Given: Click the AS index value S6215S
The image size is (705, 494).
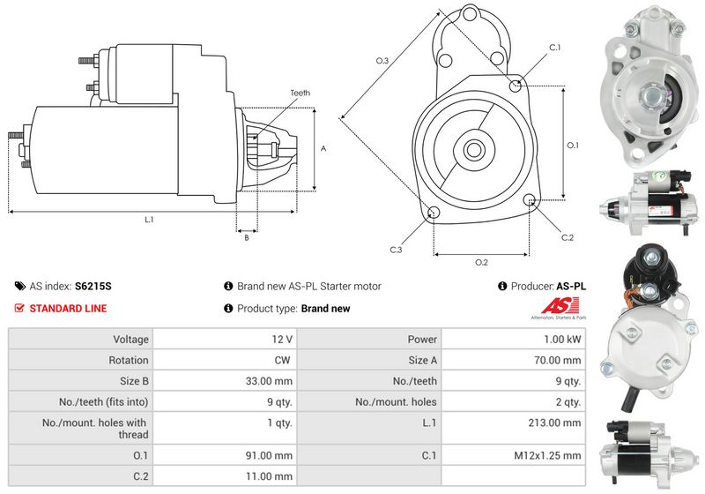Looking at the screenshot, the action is [x=93, y=286].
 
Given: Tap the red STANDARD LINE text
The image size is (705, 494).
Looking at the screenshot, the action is [x=69, y=309].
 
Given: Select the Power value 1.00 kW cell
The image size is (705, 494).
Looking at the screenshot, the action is [x=514, y=340].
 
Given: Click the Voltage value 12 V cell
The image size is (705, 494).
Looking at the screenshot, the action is [x=225, y=340].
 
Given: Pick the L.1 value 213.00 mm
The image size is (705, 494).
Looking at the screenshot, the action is [x=554, y=423].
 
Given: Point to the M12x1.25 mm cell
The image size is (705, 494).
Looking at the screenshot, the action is [x=514, y=455].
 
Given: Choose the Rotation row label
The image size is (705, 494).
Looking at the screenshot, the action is [x=128, y=361].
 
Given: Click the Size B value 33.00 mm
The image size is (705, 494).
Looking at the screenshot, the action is [x=269, y=381].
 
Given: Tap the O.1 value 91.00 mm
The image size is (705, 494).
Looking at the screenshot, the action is [x=269, y=455].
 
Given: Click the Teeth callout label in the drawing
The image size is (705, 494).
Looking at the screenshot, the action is [x=300, y=94].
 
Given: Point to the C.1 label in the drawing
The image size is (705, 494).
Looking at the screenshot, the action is [x=555, y=48].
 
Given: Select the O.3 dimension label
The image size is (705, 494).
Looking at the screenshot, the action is [x=382, y=60].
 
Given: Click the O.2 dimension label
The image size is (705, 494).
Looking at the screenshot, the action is [x=481, y=262].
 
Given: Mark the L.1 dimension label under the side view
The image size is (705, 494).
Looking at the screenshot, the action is [x=149, y=220].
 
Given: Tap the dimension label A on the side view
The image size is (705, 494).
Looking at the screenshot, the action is [x=323, y=148].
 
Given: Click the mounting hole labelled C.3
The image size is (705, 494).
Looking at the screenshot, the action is [x=434, y=213].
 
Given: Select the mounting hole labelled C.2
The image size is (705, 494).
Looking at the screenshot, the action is [x=531, y=198].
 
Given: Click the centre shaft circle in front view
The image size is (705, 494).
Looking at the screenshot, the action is [x=473, y=150].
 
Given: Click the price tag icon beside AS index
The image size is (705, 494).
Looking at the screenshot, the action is [x=19, y=286].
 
